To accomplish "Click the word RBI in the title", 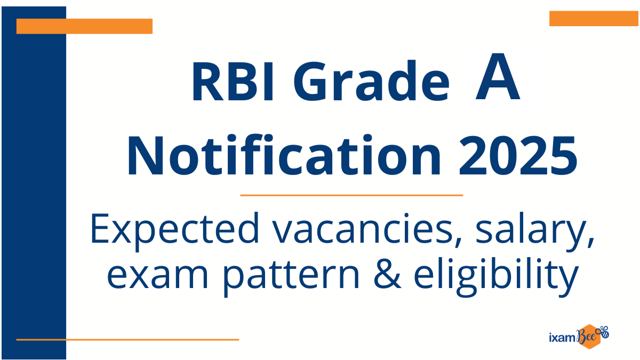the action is pyautogui.click(x=234, y=82).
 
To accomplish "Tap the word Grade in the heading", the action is pyautogui.click(x=371, y=81).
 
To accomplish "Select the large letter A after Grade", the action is pyautogui.click(x=498, y=77).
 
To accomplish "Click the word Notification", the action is pyautogui.click(x=284, y=155).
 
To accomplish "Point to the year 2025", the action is pyautogui.click(x=518, y=156).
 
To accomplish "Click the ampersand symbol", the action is pyautogui.click(x=387, y=273).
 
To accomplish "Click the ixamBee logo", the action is pyautogui.click(x=579, y=337).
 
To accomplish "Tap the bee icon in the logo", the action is pyautogui.click(x=604, y=332).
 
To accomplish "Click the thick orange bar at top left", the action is pyautogui.click(x=84, y=26).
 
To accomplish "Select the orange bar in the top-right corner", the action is pyautogui.click(x=594, y=19).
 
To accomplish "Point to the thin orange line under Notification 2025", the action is pyautogui.click(x=351, y=195).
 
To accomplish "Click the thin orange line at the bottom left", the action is pyautogui.click(x=127, y=340).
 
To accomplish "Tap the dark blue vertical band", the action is pyautogui.click(x=34, y=183).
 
